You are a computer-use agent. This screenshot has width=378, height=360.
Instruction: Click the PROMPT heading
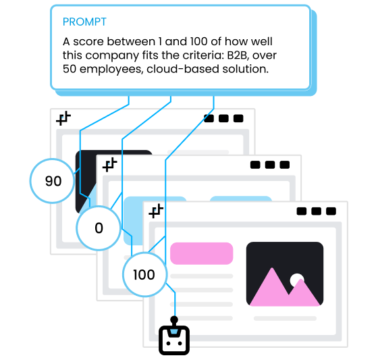[84, 22]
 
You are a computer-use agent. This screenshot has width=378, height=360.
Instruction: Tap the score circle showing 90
[52, 181]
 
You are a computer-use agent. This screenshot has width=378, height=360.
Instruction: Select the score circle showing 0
[99, 228]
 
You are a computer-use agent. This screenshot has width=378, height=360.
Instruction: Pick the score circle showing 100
[144, 275]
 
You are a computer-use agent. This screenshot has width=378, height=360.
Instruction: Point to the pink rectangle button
[202, 253]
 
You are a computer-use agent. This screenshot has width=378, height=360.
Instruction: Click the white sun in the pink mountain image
[296, 280]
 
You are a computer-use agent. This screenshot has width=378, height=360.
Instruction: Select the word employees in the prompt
[111, 70]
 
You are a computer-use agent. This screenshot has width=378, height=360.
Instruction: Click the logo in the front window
[156, 211]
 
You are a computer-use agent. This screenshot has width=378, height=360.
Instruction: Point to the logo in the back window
[63, 118]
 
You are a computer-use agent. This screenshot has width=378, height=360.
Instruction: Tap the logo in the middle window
[109, 165]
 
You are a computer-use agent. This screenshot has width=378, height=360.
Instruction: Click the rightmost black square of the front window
[331, 211]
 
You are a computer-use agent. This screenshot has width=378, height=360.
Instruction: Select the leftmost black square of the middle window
[255, 165]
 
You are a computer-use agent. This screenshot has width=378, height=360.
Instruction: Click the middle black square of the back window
[223, 118]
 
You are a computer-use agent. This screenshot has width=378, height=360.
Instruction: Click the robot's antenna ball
[174, 320]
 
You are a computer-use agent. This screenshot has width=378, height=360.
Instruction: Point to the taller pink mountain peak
[273, 268]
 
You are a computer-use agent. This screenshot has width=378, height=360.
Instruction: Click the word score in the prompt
[90, 42]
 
